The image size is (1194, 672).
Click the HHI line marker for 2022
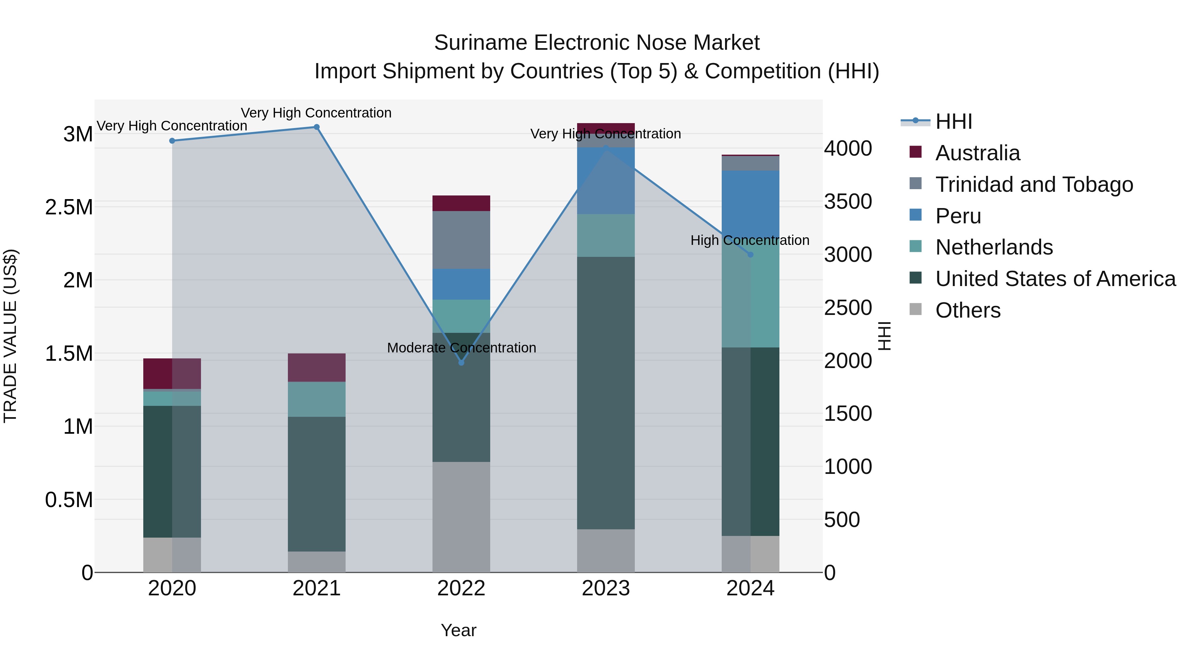click(x=461, y=363)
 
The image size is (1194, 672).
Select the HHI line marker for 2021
click(x=317, y=127)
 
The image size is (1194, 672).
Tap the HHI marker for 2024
click(x=751, y=255)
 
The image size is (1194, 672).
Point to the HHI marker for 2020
click(x=172, y=140)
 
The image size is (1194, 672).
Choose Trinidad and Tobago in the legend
click(x=1033, y=185)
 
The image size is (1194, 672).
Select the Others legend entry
click(x=967, y=310)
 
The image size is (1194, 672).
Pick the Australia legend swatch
click(x=915, y=152)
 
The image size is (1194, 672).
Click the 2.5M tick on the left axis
click(x=69, y=207)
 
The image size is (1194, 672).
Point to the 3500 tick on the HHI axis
click(x=848, y=201)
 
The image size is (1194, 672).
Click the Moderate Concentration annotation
click(x=461, y=348)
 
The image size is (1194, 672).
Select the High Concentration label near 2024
click(x=750, y=240)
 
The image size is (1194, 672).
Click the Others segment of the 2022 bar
click(x=461, y=517)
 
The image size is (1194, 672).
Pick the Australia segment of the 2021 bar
click(x=317, y=367)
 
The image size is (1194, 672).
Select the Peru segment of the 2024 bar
click(x=751, y=204)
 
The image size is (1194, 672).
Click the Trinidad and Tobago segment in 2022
click(x=461, y=240)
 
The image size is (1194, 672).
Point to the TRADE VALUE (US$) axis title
click(x=10, y=336)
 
